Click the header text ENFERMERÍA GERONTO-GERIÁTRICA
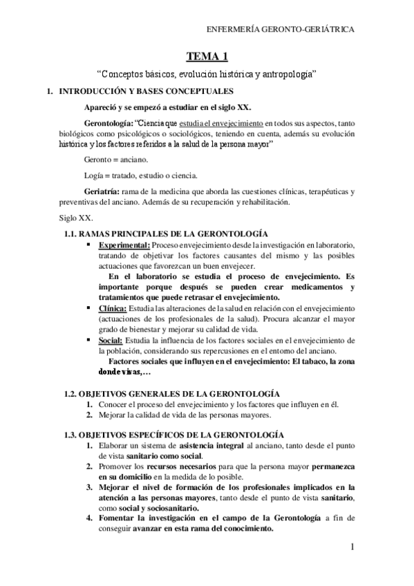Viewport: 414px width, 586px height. pos(281,30)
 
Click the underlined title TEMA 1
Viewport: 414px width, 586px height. pos(207,56)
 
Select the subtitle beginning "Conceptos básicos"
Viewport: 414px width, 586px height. pos(207,73)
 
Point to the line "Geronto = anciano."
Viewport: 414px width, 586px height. pos(114,159)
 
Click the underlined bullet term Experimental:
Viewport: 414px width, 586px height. pos(124,245)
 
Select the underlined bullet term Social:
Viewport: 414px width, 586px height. pos(111,340)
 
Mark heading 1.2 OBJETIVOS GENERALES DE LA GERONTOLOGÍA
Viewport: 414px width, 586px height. pos(172,392)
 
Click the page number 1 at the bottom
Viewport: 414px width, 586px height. pos(352,548)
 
